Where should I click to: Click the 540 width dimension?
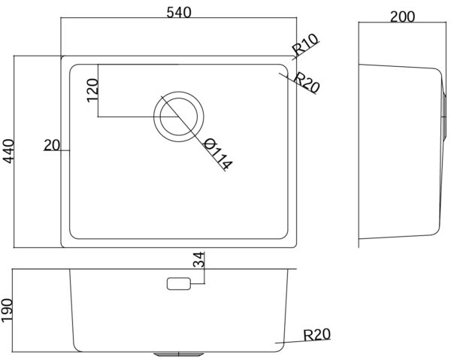pos(179,12)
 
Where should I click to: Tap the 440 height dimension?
pos(8,151)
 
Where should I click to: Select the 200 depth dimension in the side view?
pos(402,17)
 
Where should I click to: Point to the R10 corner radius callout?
pos(305,44)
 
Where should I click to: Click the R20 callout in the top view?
pos(307,83)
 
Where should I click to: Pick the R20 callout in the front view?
pos(317,334)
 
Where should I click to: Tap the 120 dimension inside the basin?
pos(92,90)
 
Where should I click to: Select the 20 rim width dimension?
pos(52,145)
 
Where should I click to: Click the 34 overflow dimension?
pos(198,259)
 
